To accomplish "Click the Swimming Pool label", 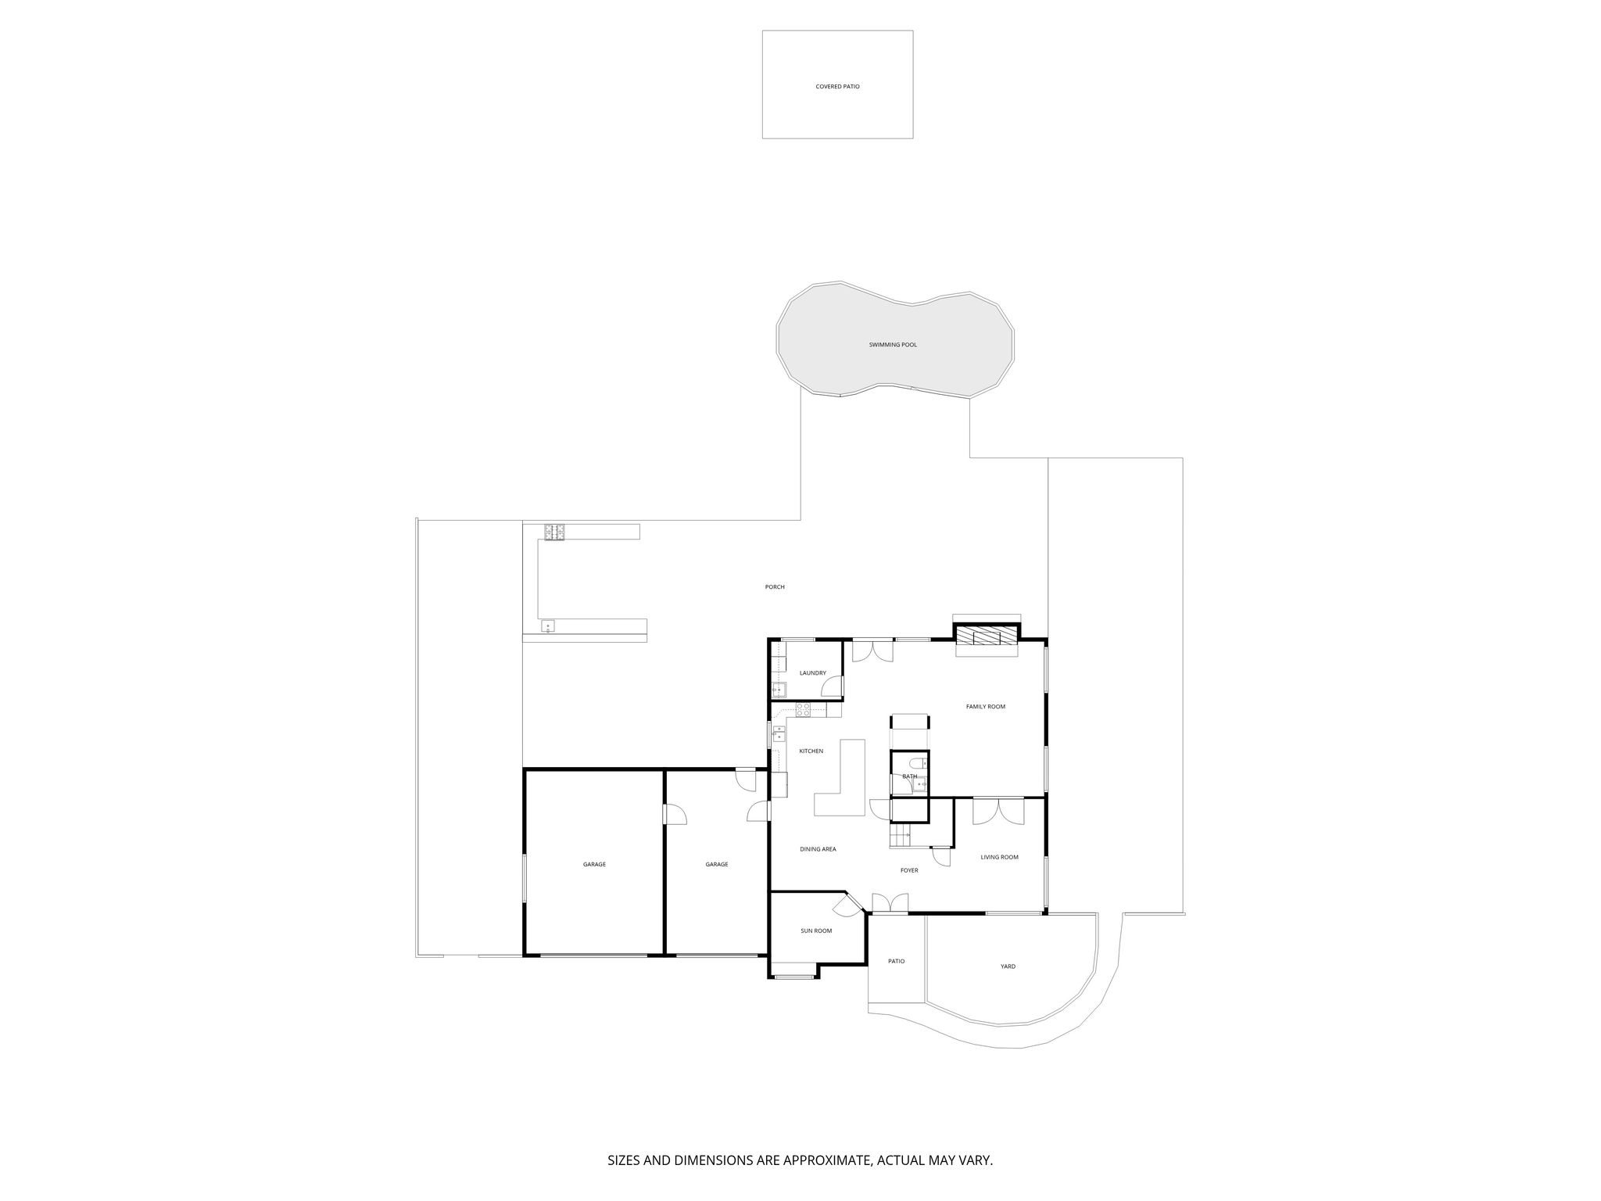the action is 893,345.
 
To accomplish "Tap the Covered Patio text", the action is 837,87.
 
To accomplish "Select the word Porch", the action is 775,587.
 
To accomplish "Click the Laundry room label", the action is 813,673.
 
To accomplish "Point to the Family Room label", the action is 986,707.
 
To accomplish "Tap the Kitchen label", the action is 811,751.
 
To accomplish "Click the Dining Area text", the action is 818,849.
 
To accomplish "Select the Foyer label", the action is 909,870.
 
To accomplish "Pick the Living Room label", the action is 1000,858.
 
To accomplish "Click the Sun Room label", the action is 816,931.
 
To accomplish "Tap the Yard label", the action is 1008,966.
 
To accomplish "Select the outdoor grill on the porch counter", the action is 555,532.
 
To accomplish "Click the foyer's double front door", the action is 890,903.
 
